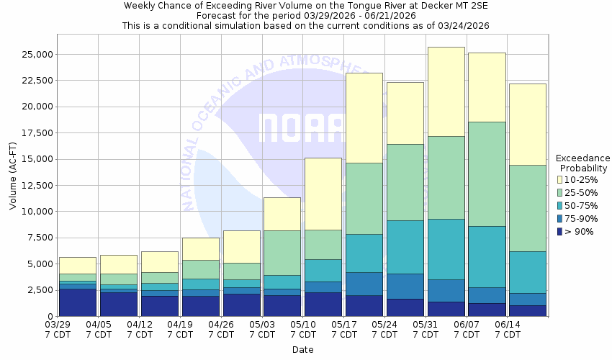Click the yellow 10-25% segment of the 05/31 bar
click(446, 91)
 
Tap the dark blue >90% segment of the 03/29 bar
click(77, 302)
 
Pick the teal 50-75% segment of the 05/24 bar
click(405, 247)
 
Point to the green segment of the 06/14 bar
click(527, 208)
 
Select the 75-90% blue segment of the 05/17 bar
click(364, 284)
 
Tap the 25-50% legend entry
click(585, 192)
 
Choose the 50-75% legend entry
click(585, 206)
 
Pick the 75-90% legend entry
click(585, 219)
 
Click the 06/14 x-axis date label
click(508, 330)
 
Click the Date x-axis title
click(302, 350)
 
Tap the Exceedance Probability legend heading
click(583, 163)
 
